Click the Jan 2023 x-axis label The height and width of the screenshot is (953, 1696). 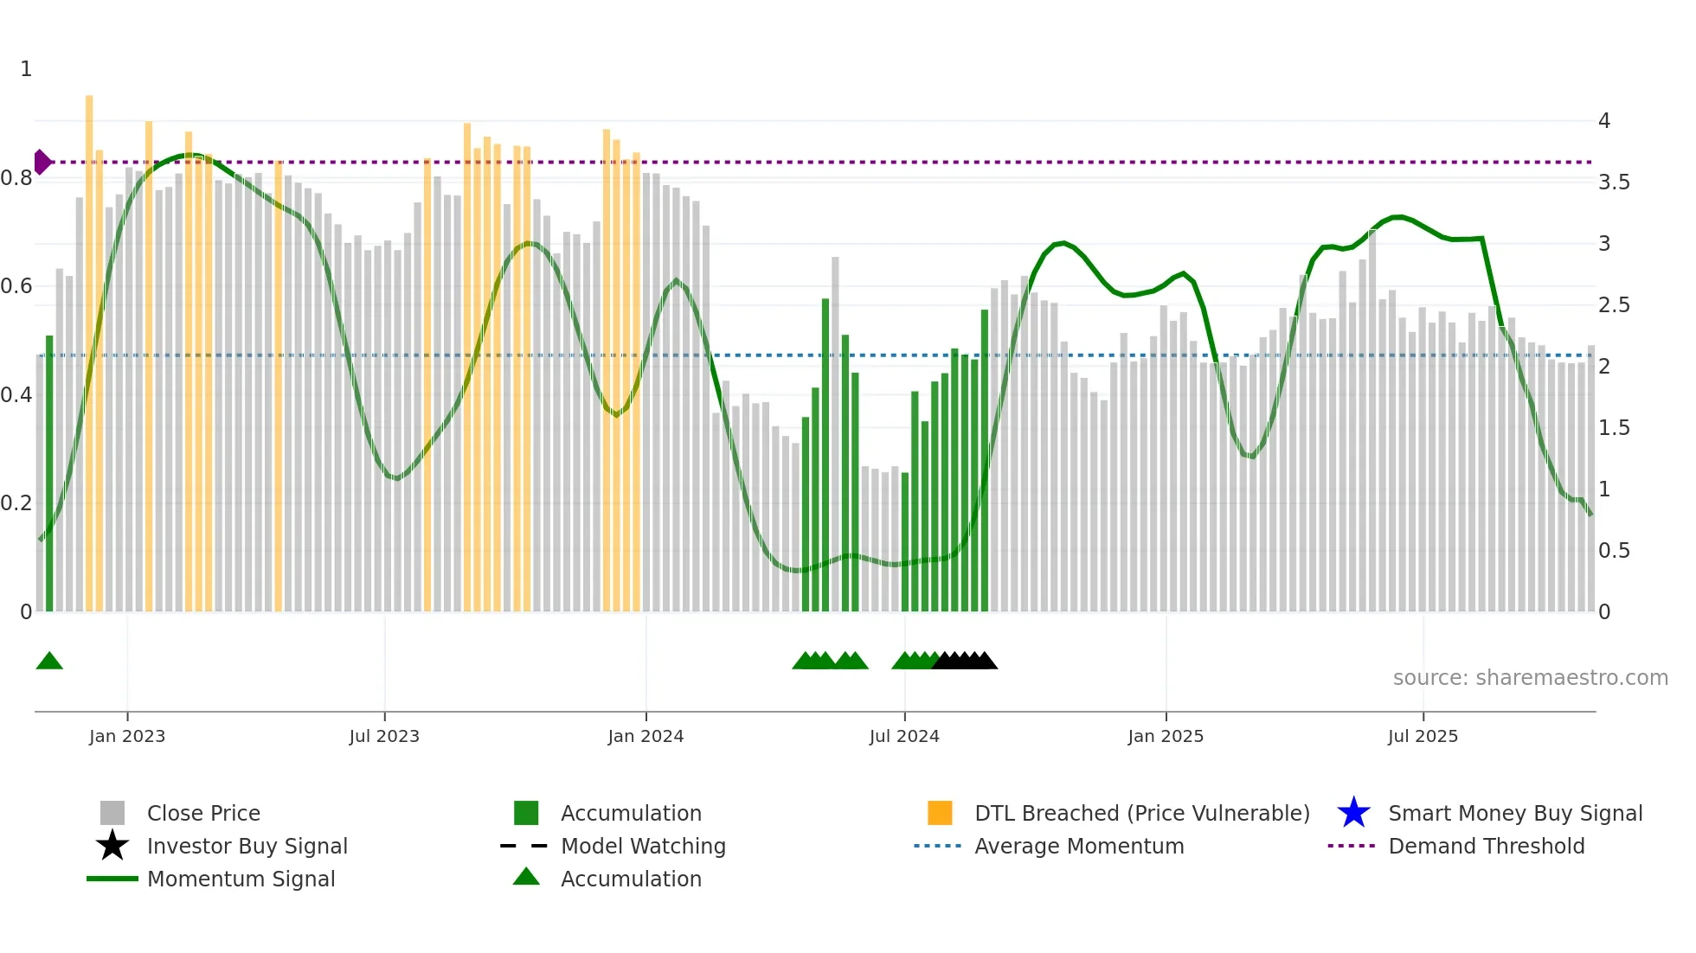coord(126,736)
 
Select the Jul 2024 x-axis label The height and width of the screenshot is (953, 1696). coord(904,736)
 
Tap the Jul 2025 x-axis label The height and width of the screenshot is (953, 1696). coord(1423,736)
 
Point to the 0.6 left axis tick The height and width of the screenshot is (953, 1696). coord(16,286)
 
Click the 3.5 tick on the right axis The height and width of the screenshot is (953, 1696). coord(1614,182)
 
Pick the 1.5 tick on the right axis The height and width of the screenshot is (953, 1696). coord(1614,428)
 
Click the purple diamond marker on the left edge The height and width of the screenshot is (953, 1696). coord(42,162)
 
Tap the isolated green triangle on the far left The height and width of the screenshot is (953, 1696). coord(49,662)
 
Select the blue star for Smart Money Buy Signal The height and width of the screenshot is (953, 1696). coord(1353,813)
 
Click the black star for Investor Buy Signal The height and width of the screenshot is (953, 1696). coord(112,846)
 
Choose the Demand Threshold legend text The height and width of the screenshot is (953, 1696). coord(1486,846)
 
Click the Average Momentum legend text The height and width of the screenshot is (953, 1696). coord(1078,846)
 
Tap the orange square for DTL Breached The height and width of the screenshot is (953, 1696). coord(940,813)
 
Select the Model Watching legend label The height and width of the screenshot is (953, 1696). coord(643,846)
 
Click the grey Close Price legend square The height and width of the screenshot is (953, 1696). coord(112,813)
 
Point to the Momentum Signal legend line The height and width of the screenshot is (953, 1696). coord(112,879)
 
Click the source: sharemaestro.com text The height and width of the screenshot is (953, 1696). coord(1530,678)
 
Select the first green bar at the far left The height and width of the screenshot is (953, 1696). coord(49,476)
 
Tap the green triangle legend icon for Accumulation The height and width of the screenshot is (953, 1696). coord(526,878)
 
